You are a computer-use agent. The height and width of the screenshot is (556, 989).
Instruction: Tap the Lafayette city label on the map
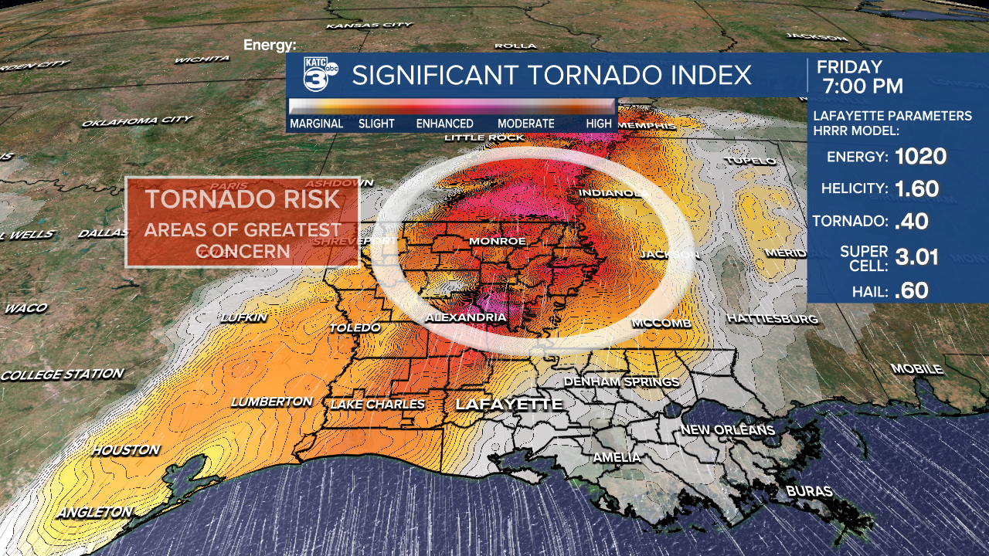[x=508, y=405]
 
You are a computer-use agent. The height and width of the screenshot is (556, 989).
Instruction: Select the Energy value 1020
[x=920, y=157]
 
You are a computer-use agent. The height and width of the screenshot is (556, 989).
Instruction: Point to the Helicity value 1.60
[x=917, y=188]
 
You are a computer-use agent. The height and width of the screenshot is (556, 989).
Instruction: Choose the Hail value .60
[x=911, y=291]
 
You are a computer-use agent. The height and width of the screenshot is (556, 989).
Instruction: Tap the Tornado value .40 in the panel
[x=911, y=222]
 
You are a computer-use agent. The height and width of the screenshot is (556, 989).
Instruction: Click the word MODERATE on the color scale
[x=525, y=124]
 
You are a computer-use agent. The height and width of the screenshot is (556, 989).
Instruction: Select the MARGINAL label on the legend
[x=316, y=124]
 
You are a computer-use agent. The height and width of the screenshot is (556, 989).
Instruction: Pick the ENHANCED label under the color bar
[x=444, y=124]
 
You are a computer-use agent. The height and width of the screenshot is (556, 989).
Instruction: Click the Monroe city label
[x=498, y=241]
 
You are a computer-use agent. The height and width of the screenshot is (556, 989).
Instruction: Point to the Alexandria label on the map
[x=466, y=317]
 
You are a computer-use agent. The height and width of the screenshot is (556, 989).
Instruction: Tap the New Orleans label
[x=727, y=429]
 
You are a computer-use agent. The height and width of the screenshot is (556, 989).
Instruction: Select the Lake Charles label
[x=377, y=404]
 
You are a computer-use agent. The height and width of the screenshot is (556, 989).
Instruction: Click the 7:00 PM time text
[x=862, y=86]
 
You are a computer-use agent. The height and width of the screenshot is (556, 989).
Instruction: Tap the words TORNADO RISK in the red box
[x=243, y=199]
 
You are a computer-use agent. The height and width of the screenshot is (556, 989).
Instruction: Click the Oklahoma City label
[x=137, y=121]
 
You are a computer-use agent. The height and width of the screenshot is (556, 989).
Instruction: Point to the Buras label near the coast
[x=809, y=491]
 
